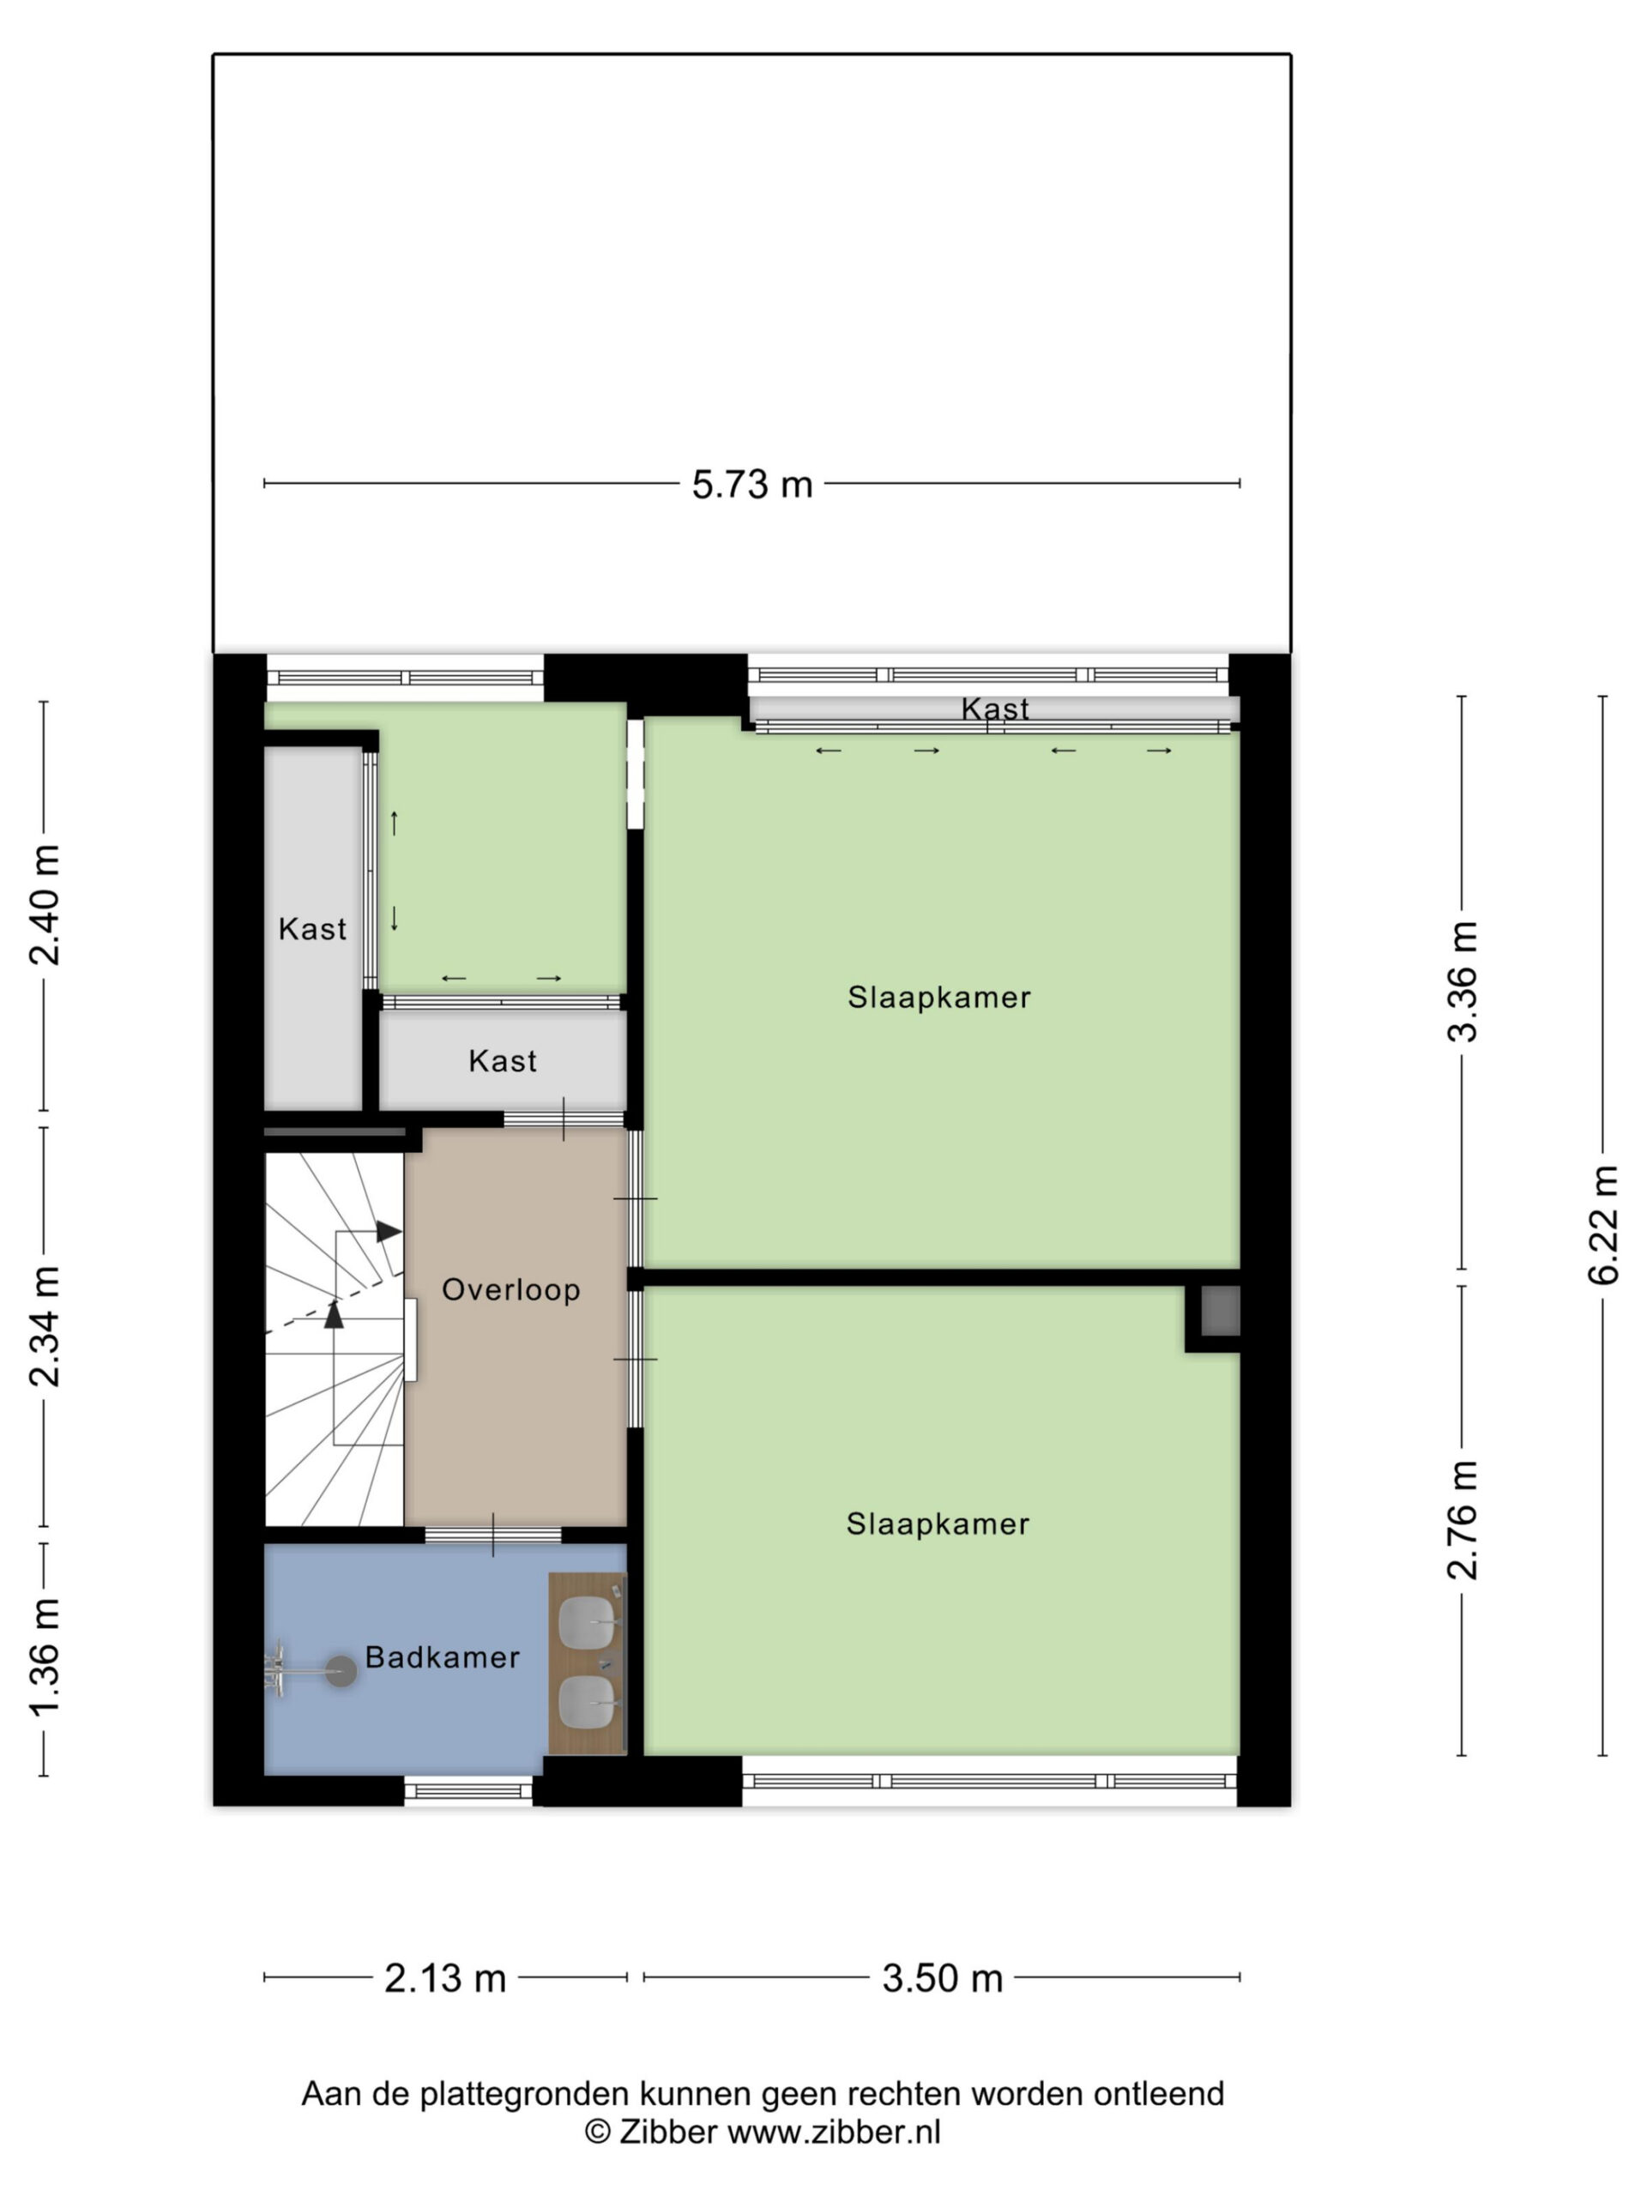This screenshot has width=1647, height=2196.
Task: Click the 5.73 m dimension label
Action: click(751, 485)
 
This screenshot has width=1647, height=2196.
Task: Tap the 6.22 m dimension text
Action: click(1603, 1225)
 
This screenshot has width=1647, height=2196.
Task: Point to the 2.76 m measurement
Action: click(1463, 1520)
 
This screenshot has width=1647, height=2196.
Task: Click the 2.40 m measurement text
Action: click(45, 905)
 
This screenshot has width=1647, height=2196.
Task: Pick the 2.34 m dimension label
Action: click(45, 1326)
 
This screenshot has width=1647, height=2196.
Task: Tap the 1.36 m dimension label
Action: click(45, 1658)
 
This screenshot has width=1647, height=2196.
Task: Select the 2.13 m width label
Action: click(444, 1979)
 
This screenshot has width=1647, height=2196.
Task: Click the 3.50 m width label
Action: click(942, 1979)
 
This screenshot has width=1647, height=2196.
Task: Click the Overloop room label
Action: click(510, 1289)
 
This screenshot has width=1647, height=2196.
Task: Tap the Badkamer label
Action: click(442, 1657)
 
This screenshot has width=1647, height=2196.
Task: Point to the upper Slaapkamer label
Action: click(939, 997)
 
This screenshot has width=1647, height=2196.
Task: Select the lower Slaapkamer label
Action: click(938, 1523)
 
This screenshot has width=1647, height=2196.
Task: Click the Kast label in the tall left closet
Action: click(311, 929)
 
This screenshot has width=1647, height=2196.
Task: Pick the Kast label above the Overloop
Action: click(503, 1061)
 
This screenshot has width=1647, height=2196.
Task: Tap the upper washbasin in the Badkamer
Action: click(588, 1623)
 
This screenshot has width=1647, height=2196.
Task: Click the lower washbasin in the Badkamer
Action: click(588, 1702)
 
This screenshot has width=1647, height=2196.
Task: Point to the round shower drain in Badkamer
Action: click(341, 1671)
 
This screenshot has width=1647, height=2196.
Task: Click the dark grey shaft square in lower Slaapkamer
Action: click(1220, 1311)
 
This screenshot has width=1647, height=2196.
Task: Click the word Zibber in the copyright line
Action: click(667, 2132)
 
